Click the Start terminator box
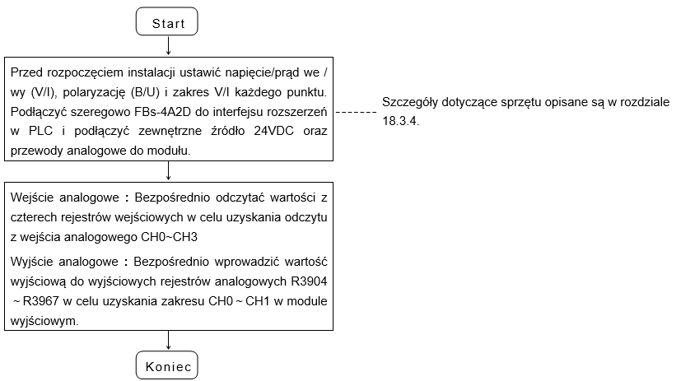click(167, 21)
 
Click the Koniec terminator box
click(167, 365)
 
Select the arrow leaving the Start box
click(169, 45)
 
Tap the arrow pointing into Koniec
click(169, 340)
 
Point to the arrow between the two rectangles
click(169, 171)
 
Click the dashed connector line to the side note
click(356, 113)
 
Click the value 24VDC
click(273, 131)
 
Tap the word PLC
click(41, 131)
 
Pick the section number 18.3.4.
click(400, 121)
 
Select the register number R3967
click(41, 301)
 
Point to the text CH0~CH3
click(170, 237)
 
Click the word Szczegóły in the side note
click(409, 102)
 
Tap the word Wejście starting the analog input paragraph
click(33, 197)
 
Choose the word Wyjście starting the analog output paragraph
click(33, 262)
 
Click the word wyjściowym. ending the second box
click(44, 322)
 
